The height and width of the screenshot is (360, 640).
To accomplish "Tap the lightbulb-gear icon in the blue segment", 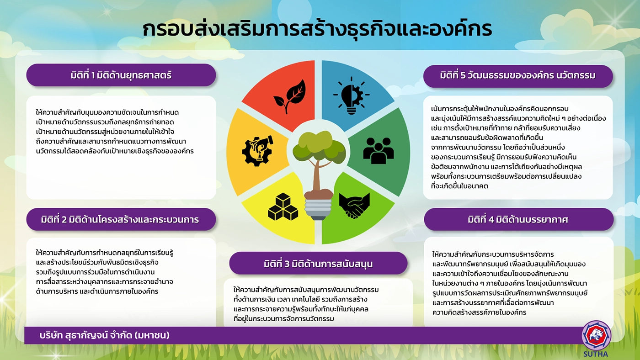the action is click(x=352, y=95).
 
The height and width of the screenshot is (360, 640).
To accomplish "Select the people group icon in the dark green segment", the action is click(x=379, y=151).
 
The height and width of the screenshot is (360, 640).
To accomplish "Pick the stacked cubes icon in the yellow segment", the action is click(x=283, y=206).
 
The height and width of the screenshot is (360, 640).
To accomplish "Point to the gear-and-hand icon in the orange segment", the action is click(x=257, y=151).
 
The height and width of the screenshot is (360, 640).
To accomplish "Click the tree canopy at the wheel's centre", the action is click(x=319, y=148).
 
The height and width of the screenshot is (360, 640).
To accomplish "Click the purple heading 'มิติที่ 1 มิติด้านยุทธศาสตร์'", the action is click(x=121, y=75).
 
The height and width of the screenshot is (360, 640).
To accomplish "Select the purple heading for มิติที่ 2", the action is click(x=121, y=219).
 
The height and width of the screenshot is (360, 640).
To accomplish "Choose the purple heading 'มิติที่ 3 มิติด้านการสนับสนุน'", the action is click(x=318, y=263).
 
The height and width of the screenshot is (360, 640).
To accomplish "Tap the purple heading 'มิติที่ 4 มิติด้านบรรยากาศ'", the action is click(x=518, y=219).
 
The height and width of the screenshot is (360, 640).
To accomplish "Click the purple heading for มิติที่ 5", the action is click(x=517, y=76).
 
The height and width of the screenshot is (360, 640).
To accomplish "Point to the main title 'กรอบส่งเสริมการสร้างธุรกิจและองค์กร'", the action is click(x=317, y=29).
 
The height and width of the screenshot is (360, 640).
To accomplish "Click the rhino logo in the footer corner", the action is click(x=596, y=335).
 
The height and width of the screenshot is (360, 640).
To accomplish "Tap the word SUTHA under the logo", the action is click(x=596, y=354).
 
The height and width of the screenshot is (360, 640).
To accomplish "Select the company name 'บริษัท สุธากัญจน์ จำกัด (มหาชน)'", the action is click(x=105, y=335).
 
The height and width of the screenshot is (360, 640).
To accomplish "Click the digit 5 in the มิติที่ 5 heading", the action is click(x=463, y=75).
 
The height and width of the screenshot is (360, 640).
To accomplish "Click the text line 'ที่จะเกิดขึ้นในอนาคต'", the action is click(x=459, y=186).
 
